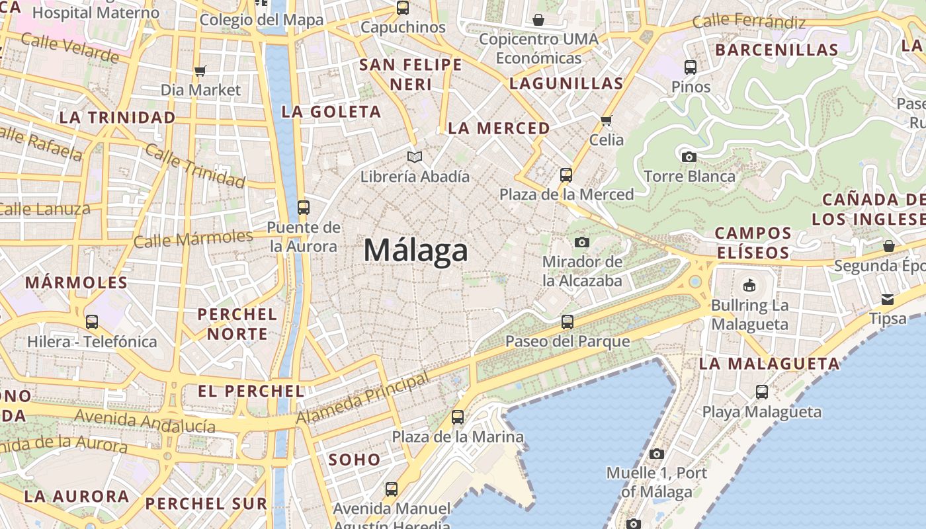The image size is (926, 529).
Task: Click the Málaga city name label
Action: click(x=416, y=251)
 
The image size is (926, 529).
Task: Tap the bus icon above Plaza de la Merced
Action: click(x=566, y=175)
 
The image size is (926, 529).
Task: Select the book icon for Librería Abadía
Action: click(x=415, y=157)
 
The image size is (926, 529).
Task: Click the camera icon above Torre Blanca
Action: click(x=689, y=157)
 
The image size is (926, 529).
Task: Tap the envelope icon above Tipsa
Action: click(x=888, y=300)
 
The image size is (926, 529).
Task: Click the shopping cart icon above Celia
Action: click(x=606, y=120)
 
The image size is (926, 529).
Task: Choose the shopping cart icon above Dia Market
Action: click(x=200, y=71)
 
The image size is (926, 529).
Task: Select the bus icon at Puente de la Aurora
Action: click(x=304, y=208)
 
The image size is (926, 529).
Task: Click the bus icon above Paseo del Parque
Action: click(x=568, y=322)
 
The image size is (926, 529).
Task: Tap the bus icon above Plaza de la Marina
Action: click(x=458, y=417)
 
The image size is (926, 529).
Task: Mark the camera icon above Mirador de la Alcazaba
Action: click(x=582, y=242)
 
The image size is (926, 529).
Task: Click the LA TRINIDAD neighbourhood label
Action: click(x=118, y=118)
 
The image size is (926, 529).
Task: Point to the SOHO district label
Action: click(x=355, y=460)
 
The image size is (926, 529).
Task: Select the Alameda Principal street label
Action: click(x=362, y=399)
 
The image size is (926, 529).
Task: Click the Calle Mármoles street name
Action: click(x=193, y=239)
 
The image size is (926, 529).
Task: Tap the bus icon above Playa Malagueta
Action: click(x=762, y=392)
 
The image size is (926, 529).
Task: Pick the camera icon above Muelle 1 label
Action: click(x=656, y=454)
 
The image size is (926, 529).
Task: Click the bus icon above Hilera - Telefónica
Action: click(x=92, y=322)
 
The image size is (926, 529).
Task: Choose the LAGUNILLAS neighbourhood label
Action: click(x=566, y=83)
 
